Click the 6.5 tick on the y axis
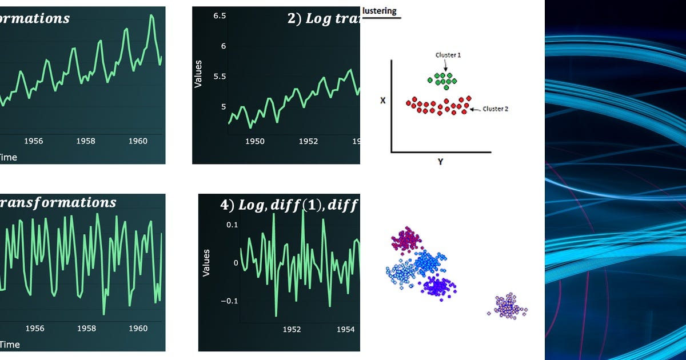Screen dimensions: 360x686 [x=220, y=16]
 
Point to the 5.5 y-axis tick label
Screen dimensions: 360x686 [x=220, y=77]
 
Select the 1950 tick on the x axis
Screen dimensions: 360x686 [x=255, y=141]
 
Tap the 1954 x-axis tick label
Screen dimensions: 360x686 [x=345, y=329]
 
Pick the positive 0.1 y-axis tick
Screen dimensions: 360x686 [x=231, y=225]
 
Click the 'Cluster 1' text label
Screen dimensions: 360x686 [x=448, y=55]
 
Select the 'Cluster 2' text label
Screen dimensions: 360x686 [x=495, y=109]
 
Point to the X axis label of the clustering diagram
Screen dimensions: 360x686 [x=383, y=101]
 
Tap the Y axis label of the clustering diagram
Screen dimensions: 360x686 [x=440, y=162]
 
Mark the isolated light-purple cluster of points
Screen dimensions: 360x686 [x=508, y=306]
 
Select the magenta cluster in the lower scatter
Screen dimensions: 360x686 [x=406, y=238]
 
